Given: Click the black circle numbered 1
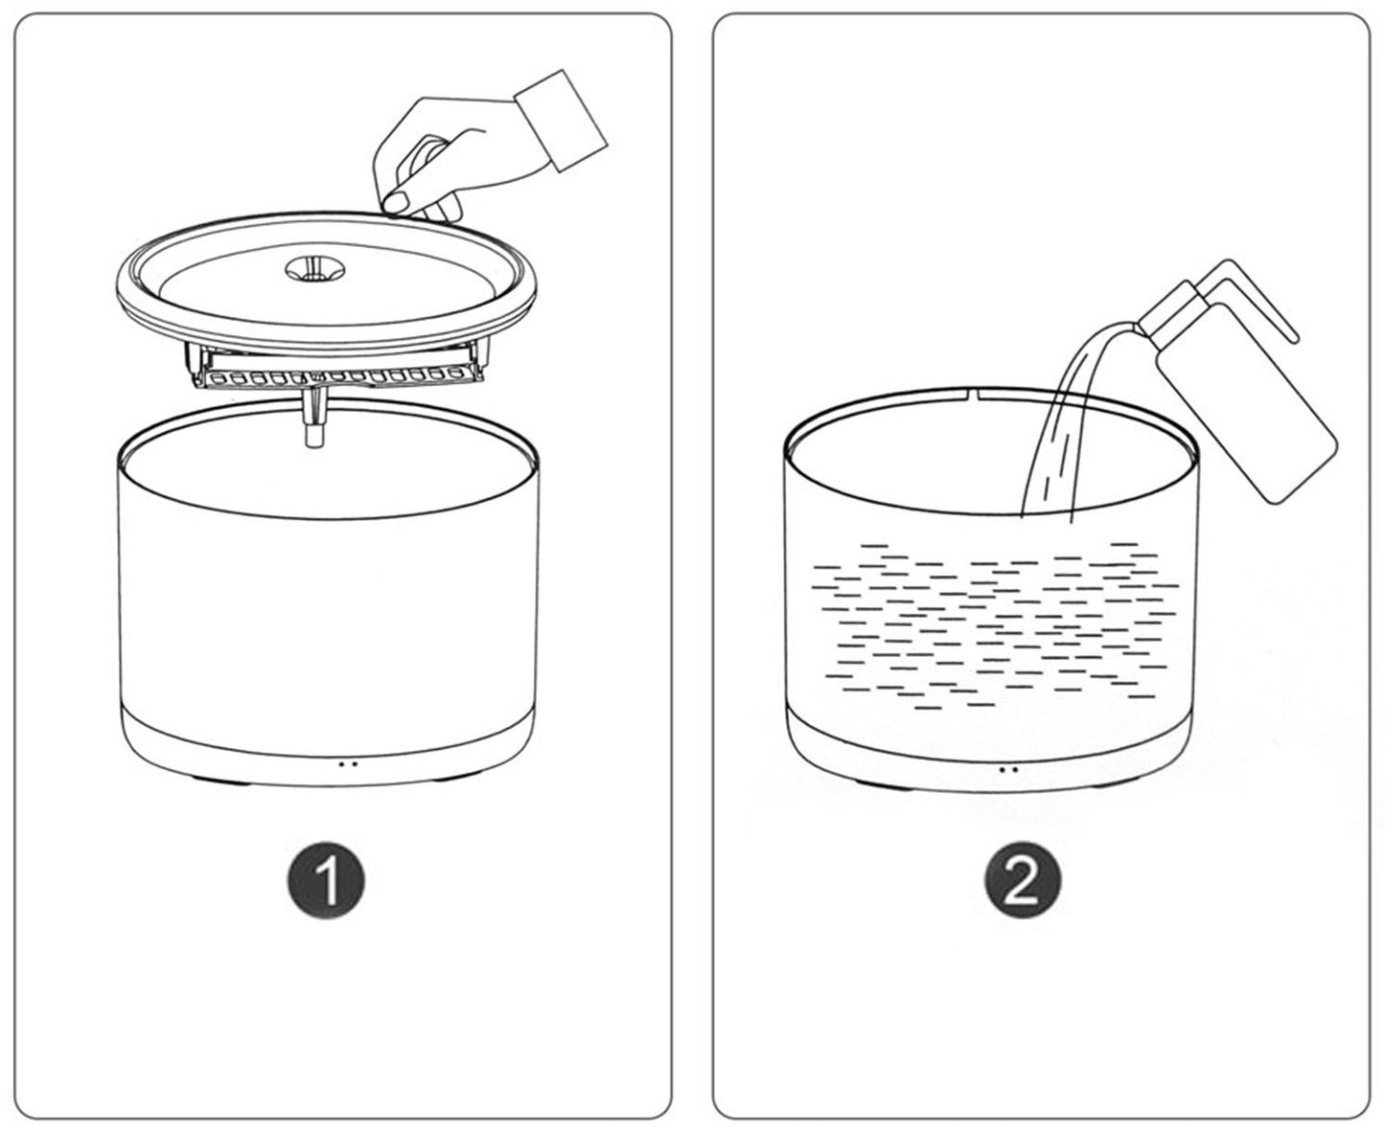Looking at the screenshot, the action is [x=326, y=880].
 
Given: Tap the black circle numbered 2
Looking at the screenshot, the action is [x=1023, y=880].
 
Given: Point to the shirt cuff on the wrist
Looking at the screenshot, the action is [x=560, y=120].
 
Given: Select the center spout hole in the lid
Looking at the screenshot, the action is [x=315, y=268].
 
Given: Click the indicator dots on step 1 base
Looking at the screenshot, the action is [x=348, y=764].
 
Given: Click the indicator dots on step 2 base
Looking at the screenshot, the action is [x=1008, y=769].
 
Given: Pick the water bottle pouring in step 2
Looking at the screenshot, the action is [x=1235, y=387].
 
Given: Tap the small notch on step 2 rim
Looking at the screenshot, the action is [x=975, y=394].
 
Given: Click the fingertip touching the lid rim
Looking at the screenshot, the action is [x=395, y=201].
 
